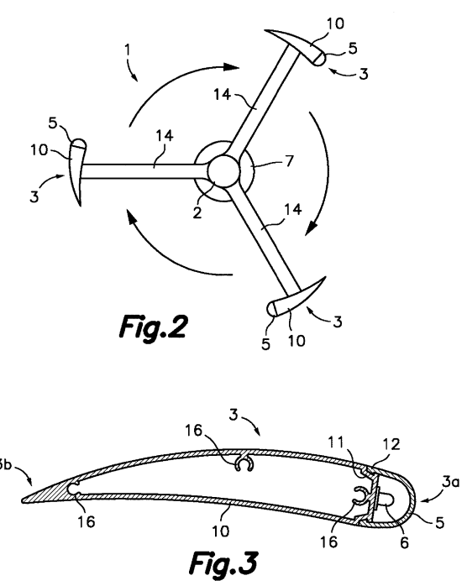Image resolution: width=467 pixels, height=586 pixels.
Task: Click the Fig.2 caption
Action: coord(154,327)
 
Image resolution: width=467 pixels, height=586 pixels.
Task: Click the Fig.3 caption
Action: coord(224,563)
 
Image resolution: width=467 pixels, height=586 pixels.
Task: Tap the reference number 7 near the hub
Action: coord(289,161)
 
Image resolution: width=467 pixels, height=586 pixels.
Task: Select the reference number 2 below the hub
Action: coord(197,212)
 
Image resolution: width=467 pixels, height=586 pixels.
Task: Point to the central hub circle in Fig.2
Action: coord(223,170)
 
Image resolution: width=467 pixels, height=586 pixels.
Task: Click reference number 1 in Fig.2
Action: coord(128,50)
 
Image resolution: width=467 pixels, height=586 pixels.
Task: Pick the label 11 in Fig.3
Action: coord(336,442)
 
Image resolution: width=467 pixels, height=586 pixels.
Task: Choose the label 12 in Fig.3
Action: coord(391,444)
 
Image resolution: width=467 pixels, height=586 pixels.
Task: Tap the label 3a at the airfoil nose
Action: coord(450,482)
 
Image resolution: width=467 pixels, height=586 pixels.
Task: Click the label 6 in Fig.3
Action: coord(404,542)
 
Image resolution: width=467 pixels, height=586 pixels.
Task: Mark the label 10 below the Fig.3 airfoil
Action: coord(221,531)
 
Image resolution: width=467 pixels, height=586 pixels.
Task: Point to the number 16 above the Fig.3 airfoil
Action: coord(194,431)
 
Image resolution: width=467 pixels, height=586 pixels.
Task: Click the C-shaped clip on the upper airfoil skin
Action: coord(244,463)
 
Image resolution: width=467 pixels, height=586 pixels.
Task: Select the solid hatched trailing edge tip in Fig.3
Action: coord(47,494)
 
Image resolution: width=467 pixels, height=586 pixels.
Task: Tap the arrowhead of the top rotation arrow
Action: coord(232,67)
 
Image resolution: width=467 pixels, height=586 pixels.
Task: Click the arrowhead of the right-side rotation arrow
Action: coord(312,228)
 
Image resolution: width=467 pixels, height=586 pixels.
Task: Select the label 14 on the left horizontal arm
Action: coord(165,136)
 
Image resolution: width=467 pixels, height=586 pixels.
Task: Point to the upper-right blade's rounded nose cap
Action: coord(320,59)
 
